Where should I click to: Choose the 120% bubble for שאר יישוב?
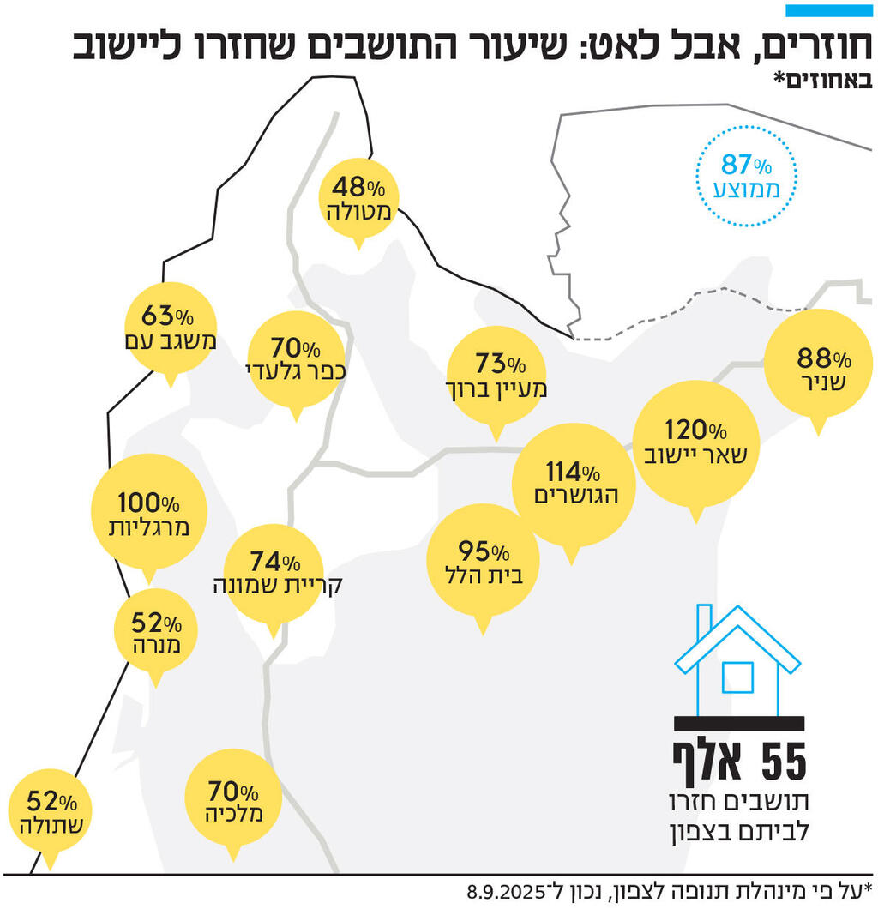pyautogui.click(x=696, y=442)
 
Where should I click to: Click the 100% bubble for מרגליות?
pyautogui.click(x=148, y=513)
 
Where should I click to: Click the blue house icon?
pyautogui.click(x=737, y=660)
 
